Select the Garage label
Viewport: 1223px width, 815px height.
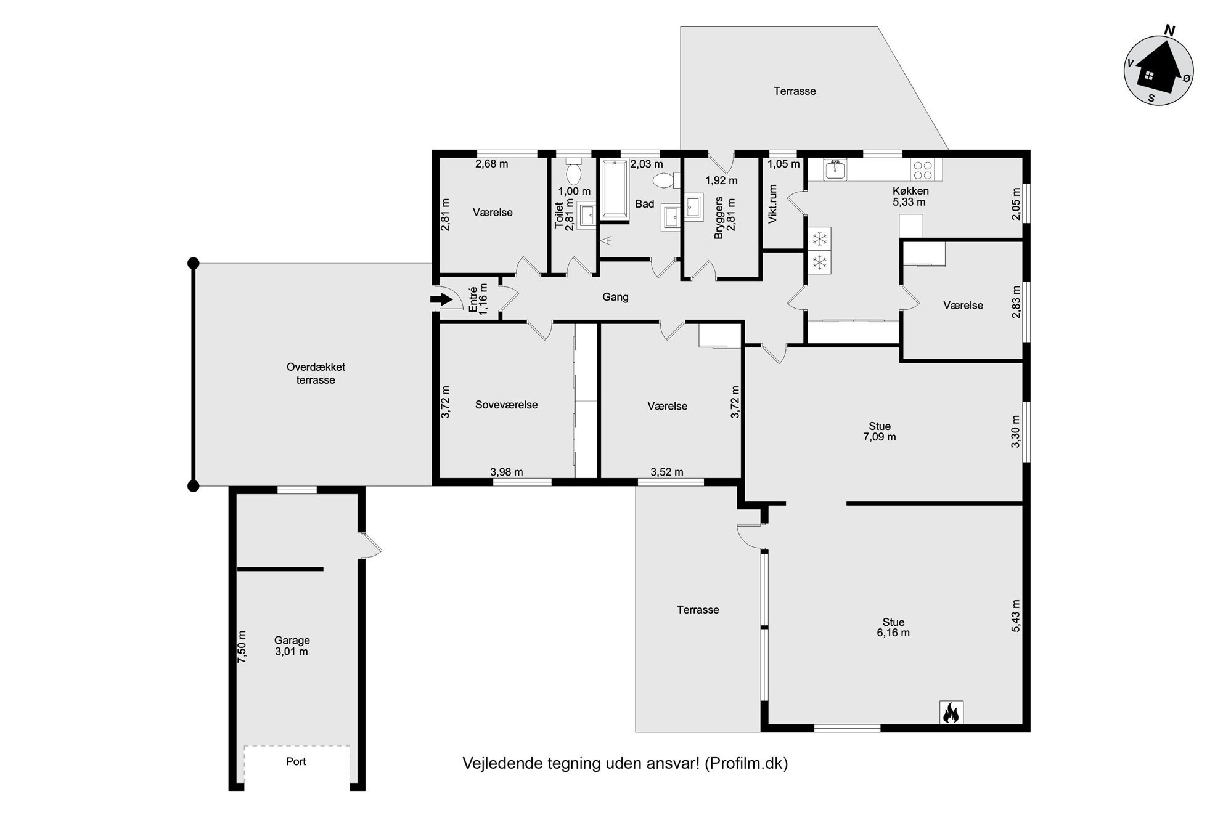[x=292, y=641]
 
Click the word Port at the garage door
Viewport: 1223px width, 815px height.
[x=296, y=761]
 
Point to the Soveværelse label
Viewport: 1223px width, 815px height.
[x=507, y=405]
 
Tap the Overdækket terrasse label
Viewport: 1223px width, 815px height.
[x=316, y=373]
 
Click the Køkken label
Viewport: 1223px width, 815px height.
[x=910, y=191]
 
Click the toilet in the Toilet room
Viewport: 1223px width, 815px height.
[x=574, y=172]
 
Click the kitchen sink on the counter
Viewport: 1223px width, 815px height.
[x=835, y=169]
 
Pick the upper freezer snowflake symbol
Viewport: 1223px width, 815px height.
[x=819, y=238]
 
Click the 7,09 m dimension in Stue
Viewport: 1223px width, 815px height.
[x=880, y=437]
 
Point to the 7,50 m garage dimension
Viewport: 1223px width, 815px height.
[x=242, y=646]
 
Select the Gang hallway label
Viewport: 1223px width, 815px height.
[x=615, y=297]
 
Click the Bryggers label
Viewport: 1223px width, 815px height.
[x=719, y=217]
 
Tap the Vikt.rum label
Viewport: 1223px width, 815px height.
[x=773, y=204]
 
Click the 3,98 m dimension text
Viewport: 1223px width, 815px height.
[x=507, y=472]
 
